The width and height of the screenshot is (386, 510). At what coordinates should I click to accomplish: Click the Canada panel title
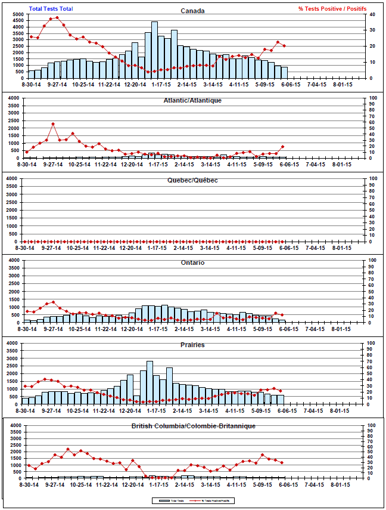pos(192,10)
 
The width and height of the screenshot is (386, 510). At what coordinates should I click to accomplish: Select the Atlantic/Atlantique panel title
pos(192,100)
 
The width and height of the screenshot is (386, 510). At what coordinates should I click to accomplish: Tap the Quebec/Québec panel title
pos(192,180)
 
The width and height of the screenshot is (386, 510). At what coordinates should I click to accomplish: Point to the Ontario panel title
pos(192,262)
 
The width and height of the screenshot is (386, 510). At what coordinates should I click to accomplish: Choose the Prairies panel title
pos(192,344)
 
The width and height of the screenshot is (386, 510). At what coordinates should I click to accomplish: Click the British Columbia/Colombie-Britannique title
pos(192,426)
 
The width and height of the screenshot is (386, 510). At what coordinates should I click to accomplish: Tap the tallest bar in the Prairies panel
pos(150,382)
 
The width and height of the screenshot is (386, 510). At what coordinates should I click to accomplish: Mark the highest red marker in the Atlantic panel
pos(53,124)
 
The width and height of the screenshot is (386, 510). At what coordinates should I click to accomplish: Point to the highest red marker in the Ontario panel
pos(53,302)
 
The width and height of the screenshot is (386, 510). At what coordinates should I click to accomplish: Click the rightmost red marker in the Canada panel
pos(284,46)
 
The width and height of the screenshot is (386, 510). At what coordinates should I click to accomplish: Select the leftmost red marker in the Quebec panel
pos(27,242)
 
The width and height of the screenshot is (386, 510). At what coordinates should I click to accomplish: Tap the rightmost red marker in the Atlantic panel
pos(283,146)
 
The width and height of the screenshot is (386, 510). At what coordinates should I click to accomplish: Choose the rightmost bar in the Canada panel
pos(284,73)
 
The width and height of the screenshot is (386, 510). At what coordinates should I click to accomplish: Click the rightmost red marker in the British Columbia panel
pos(281,463)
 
